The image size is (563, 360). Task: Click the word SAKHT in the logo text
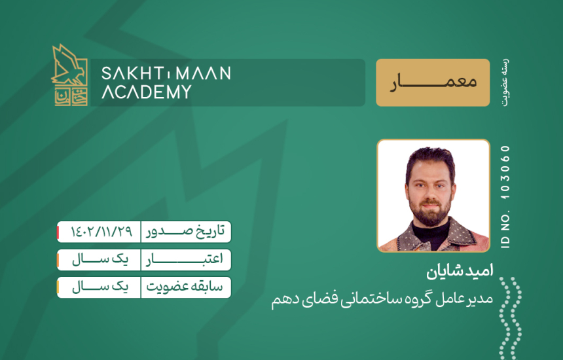pos(132,73)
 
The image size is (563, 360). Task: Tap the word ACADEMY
pos(147,92)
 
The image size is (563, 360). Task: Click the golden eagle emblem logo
pos(69,75)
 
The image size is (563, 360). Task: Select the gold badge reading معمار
pos(433,82)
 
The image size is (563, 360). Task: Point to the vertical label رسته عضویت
pos(505,82)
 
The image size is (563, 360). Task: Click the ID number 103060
pos(505,173)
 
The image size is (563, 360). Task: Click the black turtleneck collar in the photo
pos(431,234)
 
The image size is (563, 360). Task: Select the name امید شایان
pos(460,272)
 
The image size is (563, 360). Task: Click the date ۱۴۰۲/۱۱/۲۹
pos(101,232)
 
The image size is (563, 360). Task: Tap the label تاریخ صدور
pos(185,232)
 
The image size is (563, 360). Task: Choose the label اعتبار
pos(185,259)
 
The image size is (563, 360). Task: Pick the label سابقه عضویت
pos(185,287)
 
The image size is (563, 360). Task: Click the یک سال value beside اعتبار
pos(100,259)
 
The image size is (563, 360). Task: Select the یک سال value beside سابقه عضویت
pos(100,287)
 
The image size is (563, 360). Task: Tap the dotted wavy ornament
pos(510,318)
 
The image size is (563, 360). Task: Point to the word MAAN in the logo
pos(204,73)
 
